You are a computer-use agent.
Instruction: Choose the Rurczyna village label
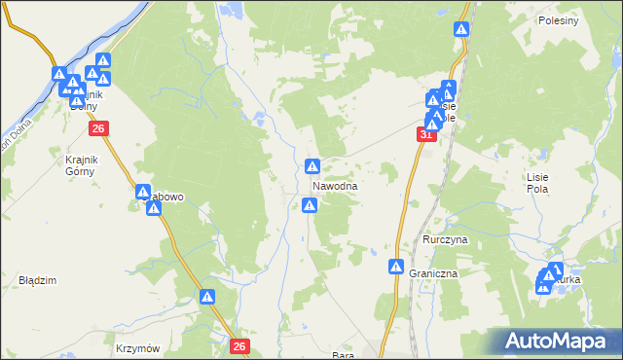coord(446,238)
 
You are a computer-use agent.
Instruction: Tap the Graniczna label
coord(433,274)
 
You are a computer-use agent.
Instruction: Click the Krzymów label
coord(136,347)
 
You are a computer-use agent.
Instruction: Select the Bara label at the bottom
coord(342,355)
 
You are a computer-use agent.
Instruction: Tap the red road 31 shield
coord(426,135)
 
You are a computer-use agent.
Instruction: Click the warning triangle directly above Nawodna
coord(312,166)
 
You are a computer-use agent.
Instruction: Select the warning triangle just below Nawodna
coord(310,204)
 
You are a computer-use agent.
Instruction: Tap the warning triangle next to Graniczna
coord(396,268)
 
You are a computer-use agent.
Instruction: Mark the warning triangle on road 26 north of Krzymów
coord(207,297)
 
